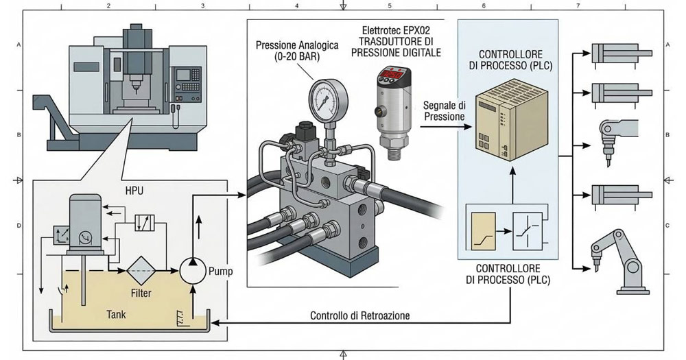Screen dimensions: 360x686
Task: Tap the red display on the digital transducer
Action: click(x=386, y=74)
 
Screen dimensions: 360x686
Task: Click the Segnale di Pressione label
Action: click(x=445, y=111)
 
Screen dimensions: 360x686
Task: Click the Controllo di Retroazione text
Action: click(x=359, y=316)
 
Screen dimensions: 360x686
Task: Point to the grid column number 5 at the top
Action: click(x=390, y=5)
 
